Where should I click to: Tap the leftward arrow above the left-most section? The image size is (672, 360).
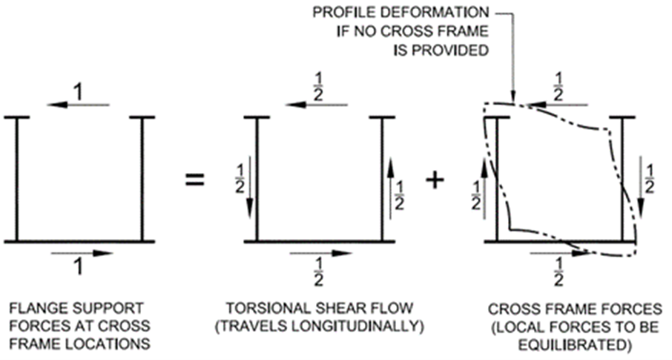click(77, 105)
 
